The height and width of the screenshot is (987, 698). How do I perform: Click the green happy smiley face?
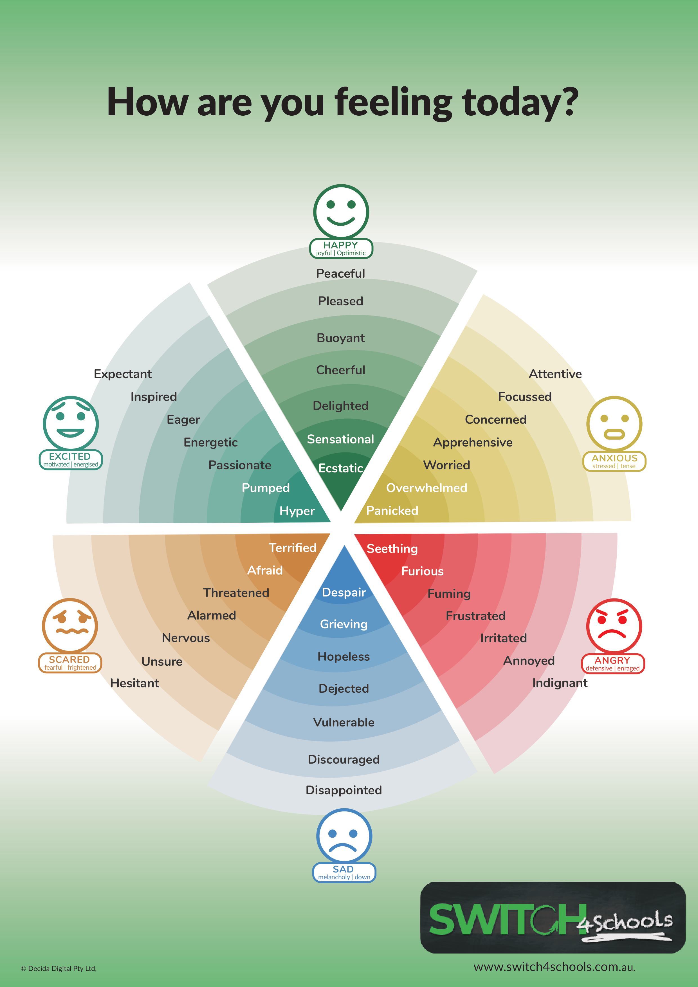coord(341,212)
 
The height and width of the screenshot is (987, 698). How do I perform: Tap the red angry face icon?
coord(614,626)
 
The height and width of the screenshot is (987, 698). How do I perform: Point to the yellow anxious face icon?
coord(614,424)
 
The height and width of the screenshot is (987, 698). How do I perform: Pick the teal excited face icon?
coord(71,423)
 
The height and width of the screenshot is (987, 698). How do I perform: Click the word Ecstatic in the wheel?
coord(341,468)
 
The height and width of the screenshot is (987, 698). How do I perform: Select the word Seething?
coord(392,549)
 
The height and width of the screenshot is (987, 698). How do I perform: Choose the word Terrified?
coord(293,548)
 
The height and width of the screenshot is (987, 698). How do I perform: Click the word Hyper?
coord(297,511)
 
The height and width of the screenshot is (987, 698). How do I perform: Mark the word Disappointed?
coord(344,790)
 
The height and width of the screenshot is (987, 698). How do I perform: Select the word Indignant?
coord(560,683)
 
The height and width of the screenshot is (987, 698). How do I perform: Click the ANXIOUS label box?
coord(614,461)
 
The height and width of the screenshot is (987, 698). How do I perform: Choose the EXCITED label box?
coord(71,459)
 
